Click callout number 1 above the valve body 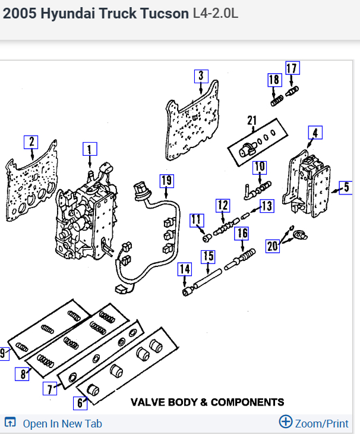click(x=89, y=149)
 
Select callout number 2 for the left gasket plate click(x=30, y=142)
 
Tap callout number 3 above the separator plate click(x=201, y=76)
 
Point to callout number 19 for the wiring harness click(x=166, y=180)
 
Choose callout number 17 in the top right click(x=292, y=68)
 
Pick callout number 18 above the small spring click(x=274, y=80)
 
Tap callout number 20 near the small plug click(x=273, y=245)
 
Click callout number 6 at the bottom click(x=80, y=402)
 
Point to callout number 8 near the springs click(x=23, y=374)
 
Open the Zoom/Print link click(x=314, y=423)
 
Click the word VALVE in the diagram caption click(x=149, y=402)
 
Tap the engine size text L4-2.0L click(x=215, y=13)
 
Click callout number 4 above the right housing click(x=315, y=133)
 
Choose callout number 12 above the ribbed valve click(x=222, y=206)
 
